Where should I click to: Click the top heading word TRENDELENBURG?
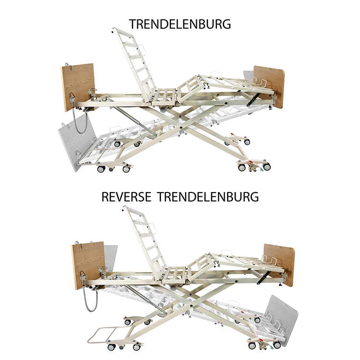pyautogui.click(x=180, y=24)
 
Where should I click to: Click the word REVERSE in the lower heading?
pyautogui.click(x=126, y=197)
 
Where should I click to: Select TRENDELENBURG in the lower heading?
pyautogui.click(x=208, y=197)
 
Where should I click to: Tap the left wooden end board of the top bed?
pyautogui.click(x=78, y=87)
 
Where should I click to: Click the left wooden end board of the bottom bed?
pyautogui.click(x=88, y=264)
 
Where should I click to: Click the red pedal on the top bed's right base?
pyautogui.click(x=251, y=162)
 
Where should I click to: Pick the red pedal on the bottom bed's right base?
pyautogui.click(x=261, y=340)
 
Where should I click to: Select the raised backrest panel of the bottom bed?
pyautogui.click(x=145, y=243)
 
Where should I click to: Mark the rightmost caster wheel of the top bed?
pyautogui.click(x=266, y=167)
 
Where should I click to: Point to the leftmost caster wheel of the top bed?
pyautogui.click(x=101, y=169)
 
